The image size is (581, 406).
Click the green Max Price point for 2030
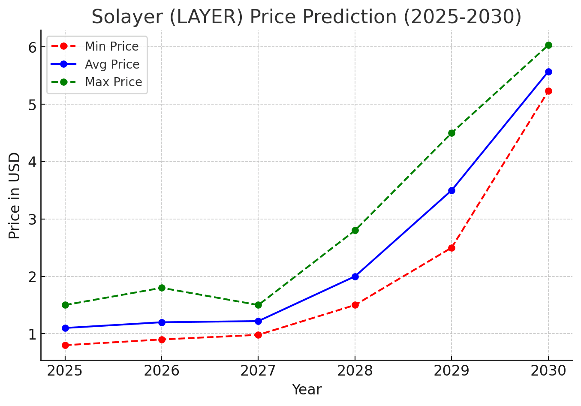[548, 45]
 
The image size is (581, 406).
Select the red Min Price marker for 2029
[452, 248]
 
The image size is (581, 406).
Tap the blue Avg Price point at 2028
[355, 277]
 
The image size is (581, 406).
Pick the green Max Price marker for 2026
[162, 288]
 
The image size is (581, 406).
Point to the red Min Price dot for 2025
[65, 345]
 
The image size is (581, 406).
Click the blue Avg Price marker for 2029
[452, 190]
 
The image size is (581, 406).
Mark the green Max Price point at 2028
[355, 230]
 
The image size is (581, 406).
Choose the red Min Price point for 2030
[548, 91]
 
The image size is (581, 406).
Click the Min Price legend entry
[111, 46]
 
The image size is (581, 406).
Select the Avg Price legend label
[112, 64]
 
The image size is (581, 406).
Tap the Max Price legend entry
[113, 82]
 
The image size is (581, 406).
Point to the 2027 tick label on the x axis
[258, 371]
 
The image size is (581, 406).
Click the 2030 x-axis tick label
[548, 371]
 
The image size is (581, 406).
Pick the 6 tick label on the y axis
[33, 47]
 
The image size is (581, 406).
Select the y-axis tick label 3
[33, 220]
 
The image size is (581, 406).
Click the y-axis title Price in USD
[15, 195]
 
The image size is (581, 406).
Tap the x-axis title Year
[307, 390]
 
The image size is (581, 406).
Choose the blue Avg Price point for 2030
[548, 72]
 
